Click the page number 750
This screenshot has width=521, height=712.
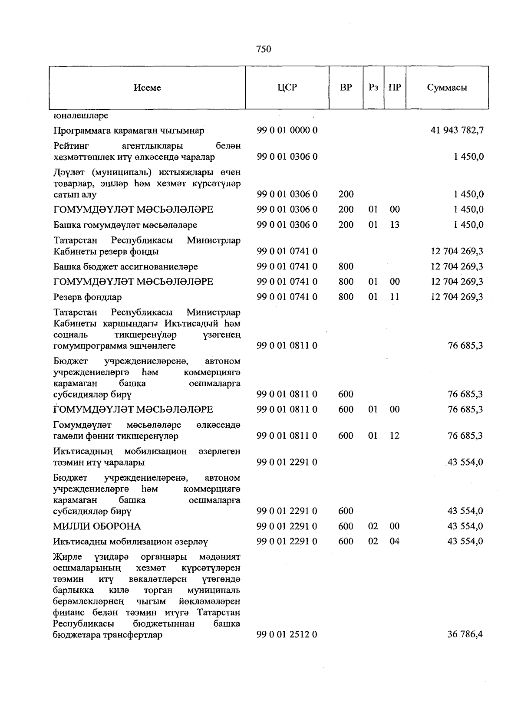[264, 49]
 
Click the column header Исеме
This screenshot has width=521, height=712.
[147, 88]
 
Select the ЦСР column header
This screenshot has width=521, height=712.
[287, 87]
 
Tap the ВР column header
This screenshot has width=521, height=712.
[346, 87]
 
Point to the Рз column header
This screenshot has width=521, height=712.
[373, 87]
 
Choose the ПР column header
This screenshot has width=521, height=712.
[395, 87]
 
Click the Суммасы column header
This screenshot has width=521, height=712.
[447, 87]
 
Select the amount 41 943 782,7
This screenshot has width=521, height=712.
[457, 130]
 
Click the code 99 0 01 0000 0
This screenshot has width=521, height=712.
[287, 130]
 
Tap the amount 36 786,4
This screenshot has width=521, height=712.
[465, 634]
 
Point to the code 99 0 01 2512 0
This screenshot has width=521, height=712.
[287, 634]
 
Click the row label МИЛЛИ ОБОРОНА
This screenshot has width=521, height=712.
[97, 526]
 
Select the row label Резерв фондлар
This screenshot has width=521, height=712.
[87, 297]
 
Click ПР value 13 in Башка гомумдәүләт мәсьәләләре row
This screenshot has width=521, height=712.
[394, 225]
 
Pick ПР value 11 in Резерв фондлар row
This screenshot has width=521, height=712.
[394, 297]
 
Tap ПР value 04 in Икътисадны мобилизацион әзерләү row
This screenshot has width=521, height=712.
[394, 541]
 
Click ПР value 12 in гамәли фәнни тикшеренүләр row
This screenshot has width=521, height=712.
[394, 436]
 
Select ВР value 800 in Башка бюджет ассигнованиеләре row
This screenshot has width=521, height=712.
[346, 266]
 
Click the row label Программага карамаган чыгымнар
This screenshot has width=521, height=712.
[129, 131]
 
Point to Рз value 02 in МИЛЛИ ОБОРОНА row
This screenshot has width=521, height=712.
[373, 526]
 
